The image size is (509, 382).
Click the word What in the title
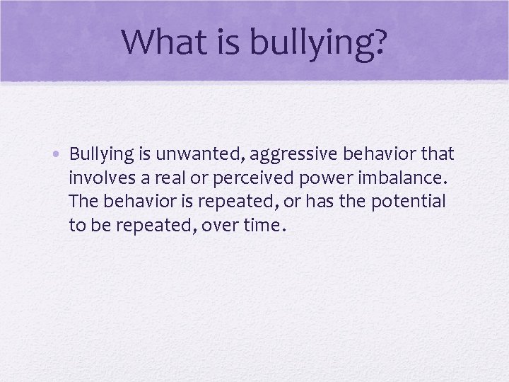pos(162,42)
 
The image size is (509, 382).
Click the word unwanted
pos(185,154)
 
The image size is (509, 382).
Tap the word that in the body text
pos(435,154)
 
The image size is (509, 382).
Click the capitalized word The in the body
pos(84,202)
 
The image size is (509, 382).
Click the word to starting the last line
pos(77,226)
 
